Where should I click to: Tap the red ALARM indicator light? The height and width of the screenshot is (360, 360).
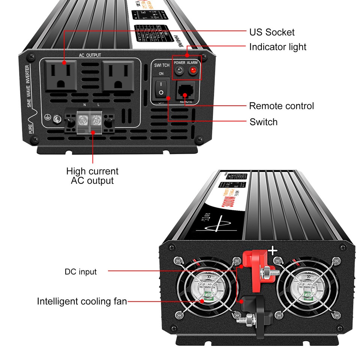point(193,71)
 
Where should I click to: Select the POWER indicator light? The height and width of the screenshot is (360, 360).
point(180,71)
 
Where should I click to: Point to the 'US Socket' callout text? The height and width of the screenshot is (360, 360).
point(272,32)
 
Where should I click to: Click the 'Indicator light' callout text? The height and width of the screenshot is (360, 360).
point(278,47)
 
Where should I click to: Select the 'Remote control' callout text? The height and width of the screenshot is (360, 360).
point(282,106)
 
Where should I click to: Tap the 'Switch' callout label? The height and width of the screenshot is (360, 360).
point(264,122)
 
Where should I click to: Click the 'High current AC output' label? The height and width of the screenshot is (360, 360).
point(92,176)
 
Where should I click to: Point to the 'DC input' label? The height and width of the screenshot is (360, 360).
point(81,271)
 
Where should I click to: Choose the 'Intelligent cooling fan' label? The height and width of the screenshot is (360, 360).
point(82,301)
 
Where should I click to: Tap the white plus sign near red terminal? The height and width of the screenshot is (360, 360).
point(272,251)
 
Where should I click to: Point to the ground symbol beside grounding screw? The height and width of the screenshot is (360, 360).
point(48,117)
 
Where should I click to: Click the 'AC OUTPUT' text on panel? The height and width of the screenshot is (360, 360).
point(90,55)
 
